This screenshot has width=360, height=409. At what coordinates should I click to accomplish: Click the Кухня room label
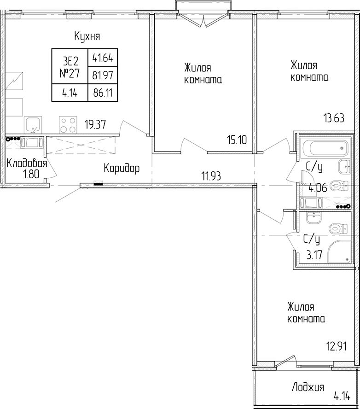pos(87,36)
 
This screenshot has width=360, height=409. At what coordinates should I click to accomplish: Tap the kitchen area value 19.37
pos(95,124)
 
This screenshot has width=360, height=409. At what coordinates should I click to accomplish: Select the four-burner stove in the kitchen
pos(68,125)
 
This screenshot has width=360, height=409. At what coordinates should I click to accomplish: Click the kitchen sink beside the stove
pos(33,125)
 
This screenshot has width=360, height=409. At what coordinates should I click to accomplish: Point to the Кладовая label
pos(27,164)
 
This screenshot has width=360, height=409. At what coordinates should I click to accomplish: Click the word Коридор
pos(122,169)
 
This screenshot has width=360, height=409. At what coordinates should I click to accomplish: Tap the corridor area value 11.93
pos(211,176)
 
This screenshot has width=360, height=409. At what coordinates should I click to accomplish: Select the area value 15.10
pos(237,140)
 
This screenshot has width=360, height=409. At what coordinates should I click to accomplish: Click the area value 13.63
pos(334,118)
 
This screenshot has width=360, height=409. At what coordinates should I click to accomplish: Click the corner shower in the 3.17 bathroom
pos(339,252)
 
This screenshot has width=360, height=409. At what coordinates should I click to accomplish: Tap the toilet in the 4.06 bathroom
pos(339,186)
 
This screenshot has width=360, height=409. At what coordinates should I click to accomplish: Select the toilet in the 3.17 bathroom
pos(339,229)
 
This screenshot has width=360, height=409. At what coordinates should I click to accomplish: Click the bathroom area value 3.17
pos(314,255)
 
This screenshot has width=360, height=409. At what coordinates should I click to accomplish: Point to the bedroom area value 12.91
pos(337,346)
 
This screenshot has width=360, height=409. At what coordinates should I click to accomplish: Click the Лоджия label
pos(308,387)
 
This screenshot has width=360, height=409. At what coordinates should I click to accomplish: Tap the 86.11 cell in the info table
pos(103,93)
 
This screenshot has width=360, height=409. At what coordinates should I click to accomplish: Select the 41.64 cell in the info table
pos(103,58)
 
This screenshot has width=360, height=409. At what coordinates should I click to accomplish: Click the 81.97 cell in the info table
pos(103,76)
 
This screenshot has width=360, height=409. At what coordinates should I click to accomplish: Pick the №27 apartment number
pos(70,73)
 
